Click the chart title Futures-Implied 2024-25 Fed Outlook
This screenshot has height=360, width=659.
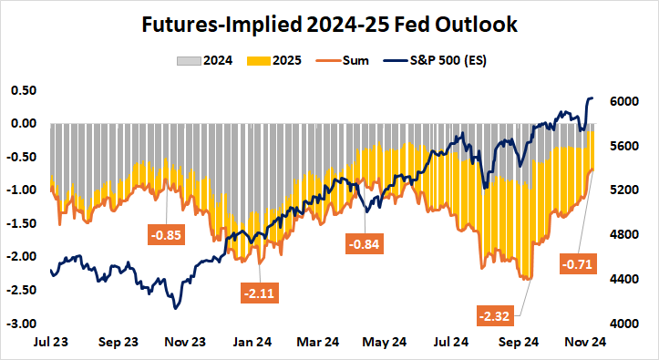coord(329,24)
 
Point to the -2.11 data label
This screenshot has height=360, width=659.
coord(261,293)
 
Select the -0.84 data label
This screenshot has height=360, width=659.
coord(363,243)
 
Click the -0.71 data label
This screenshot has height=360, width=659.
coord(581,265)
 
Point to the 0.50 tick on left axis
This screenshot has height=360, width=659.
coord(23,90)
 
